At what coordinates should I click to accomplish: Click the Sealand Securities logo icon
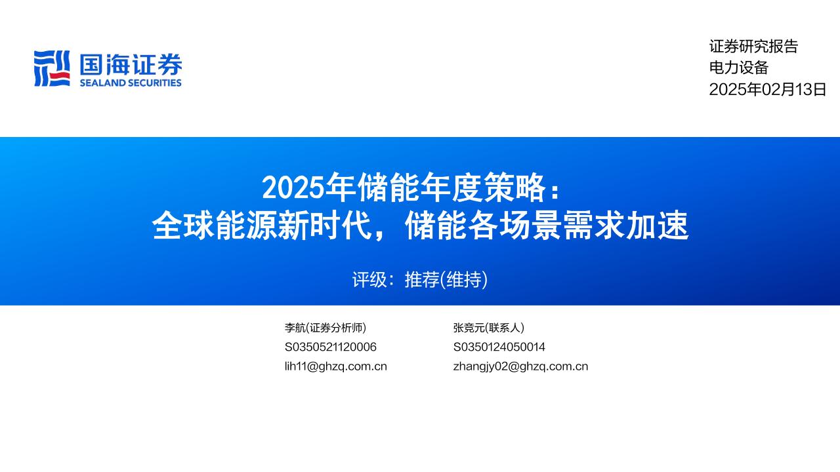coord(52,68)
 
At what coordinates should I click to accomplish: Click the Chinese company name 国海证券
coord(131,64)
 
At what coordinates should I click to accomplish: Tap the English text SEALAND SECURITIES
coord(131,83)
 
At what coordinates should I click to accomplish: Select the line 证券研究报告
coord(753,47)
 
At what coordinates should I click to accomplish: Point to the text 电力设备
coord(738,68)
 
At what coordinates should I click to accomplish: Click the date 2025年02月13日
coord(768,90)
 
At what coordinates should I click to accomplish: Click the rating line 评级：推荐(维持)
coord(420,280)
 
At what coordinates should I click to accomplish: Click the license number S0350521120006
coord(331,347)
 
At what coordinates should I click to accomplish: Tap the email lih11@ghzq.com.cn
coord(336,366)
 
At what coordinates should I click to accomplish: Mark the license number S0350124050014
coord(499,347)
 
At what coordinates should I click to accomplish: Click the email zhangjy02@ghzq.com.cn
coord(520,366)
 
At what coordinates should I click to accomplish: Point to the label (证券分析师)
coord(336,328)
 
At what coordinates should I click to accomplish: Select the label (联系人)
coord(504,328)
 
